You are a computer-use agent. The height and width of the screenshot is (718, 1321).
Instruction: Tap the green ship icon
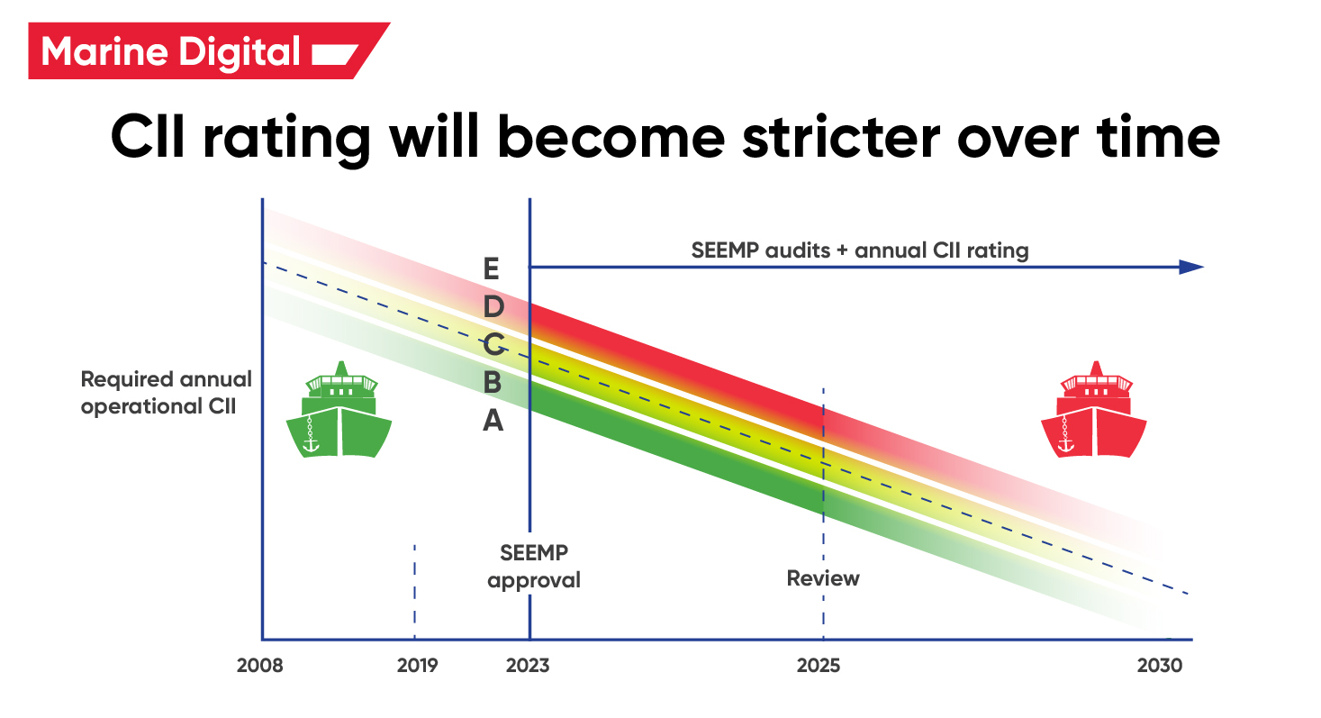pyautogui.click(x=339, y=410)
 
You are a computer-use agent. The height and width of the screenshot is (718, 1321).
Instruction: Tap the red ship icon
pyautogui.click(x=1094, y=410)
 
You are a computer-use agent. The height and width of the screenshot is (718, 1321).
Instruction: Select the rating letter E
pyautogui.click(x=491, y=268)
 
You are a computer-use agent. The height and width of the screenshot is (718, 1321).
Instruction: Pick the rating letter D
pyautogui.click(x=492, y=307)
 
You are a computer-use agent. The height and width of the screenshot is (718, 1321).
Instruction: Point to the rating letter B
pyautogui.click(x=492, y=382)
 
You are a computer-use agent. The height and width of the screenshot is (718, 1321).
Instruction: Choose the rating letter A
pyautogui.click(x=492, y=420)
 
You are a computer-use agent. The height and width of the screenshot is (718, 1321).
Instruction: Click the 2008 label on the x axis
pyautogui.click(x=259, y=666)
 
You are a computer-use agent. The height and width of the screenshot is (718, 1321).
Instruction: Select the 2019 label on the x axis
pyautogui.click(x=417, y=666)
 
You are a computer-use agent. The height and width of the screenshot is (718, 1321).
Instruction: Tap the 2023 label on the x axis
pyautogui.click(x=527, y=666)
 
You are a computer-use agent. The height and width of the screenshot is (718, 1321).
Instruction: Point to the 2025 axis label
pyautogui.click(x=818, y=666)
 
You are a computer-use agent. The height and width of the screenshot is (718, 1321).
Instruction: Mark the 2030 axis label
pyautogui.click(x=1158, y=666)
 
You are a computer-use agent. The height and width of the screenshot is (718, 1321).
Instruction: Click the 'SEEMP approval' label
pyautogui.click(x=534, y=566)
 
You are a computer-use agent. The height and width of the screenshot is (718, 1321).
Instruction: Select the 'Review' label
pyautogui.click(x=823, y=577)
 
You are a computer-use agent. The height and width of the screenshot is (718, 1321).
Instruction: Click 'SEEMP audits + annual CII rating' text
pyautogui.click(x=859, y=250)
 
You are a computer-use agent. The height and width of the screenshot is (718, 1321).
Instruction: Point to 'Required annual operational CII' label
pyautogui.click(x=167, y=393)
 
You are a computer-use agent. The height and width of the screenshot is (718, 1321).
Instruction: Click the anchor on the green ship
pyautogui.click(x=312, y=440)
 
